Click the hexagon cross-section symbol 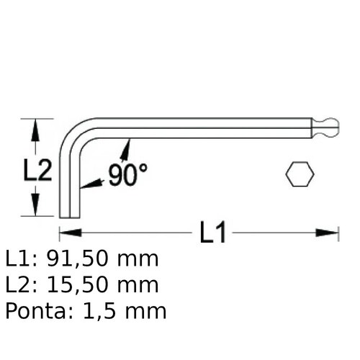pos(300,174)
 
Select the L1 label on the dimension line pos(212,233)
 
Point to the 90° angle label pos(127,175)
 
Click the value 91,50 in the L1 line pos(76,259)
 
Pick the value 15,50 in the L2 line pos(76,285)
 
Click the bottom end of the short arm pos(69,215)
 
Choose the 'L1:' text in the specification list pos(20,259)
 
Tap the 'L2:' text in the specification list pos(20,285)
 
